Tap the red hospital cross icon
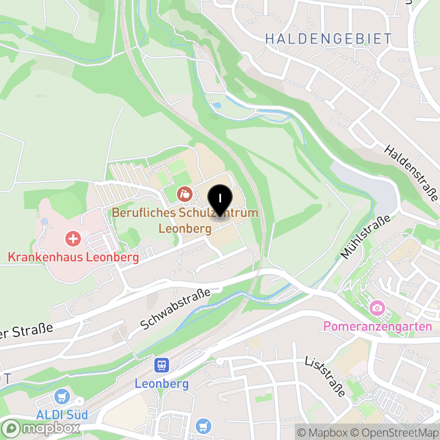(73, 239)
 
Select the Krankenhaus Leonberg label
(73, 257)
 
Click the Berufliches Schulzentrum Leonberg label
(185, 220)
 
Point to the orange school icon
(184, 194)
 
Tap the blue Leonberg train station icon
(162, 365)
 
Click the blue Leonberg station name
(162, 383)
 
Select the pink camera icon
(377, 307)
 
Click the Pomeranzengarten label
(377, 326)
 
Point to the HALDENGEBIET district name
(328, 39)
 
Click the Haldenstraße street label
(411, 173)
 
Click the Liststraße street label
(325, 376)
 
